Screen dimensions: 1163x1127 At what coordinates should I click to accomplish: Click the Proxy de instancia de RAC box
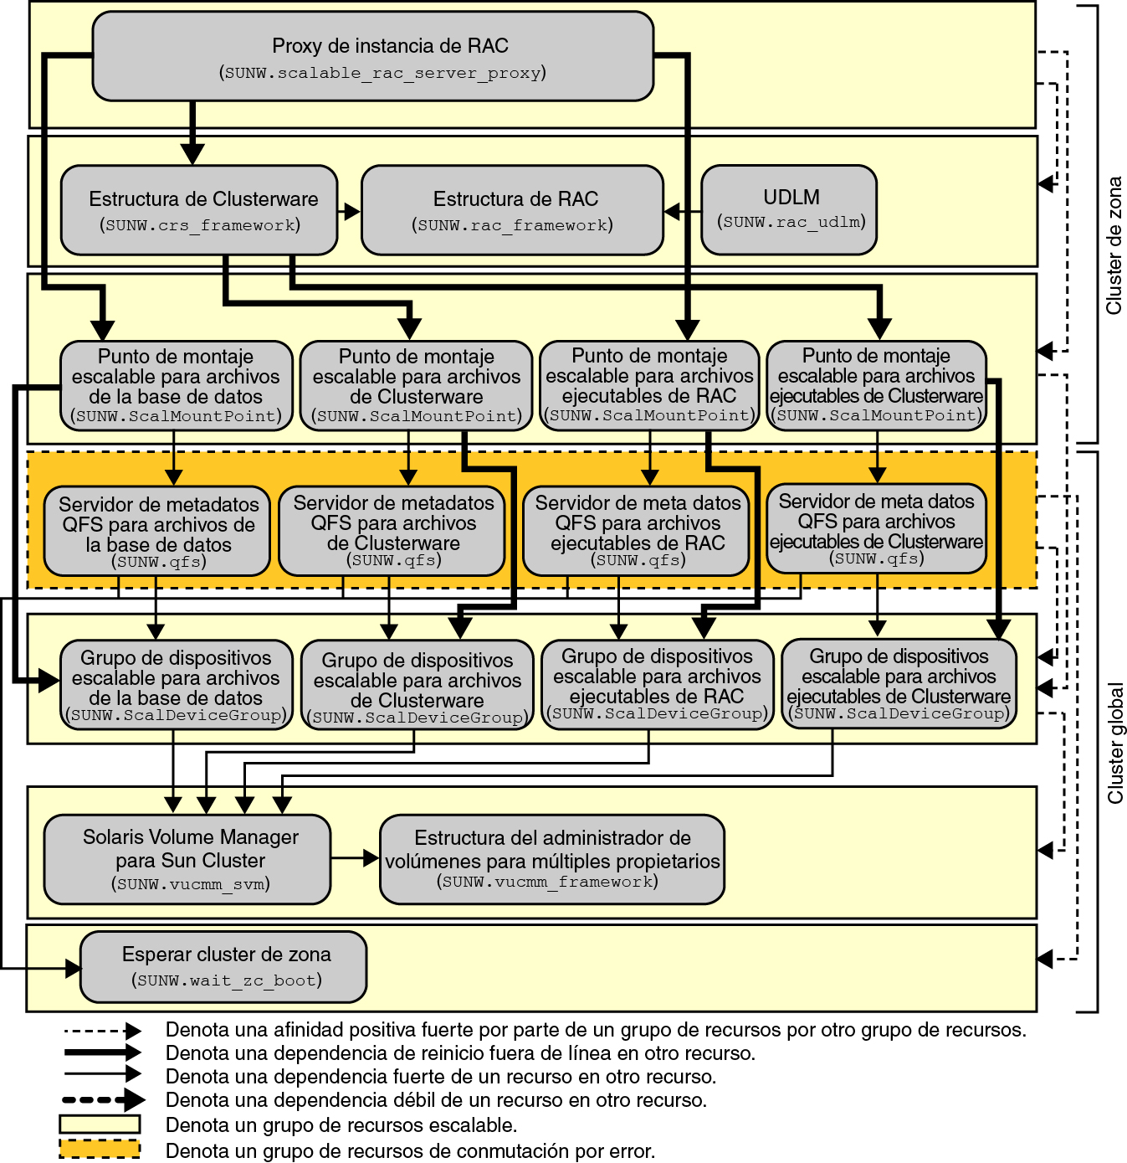point(372,56)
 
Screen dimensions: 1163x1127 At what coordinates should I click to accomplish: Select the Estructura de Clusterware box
point(199,210)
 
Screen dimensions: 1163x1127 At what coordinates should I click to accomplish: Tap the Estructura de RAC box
point(512,210)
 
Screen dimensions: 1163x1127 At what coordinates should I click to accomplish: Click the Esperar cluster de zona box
point(223,966)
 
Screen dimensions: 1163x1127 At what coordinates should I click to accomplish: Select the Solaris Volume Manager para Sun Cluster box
point(187,859)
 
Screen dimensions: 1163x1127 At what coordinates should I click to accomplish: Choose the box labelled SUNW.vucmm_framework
point(551,859)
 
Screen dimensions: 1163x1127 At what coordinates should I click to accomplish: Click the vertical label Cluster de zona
point(1114,245)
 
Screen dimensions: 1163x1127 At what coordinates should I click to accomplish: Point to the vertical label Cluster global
point(1115,744)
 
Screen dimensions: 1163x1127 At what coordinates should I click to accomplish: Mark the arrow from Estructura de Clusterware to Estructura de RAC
point(350,212)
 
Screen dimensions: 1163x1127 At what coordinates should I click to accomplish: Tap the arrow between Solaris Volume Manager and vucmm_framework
point(356,858)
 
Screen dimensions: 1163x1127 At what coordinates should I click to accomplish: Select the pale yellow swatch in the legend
point(100,1124)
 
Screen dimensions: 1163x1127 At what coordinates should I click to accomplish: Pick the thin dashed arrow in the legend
point(102,1031)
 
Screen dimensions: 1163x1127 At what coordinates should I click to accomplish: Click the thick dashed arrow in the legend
point(102,1099)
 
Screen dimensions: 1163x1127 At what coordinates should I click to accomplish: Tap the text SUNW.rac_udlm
point(791,222)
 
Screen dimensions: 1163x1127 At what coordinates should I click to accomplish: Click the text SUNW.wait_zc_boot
point(226,980)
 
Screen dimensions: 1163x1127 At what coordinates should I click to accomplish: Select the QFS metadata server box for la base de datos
point(157,532)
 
